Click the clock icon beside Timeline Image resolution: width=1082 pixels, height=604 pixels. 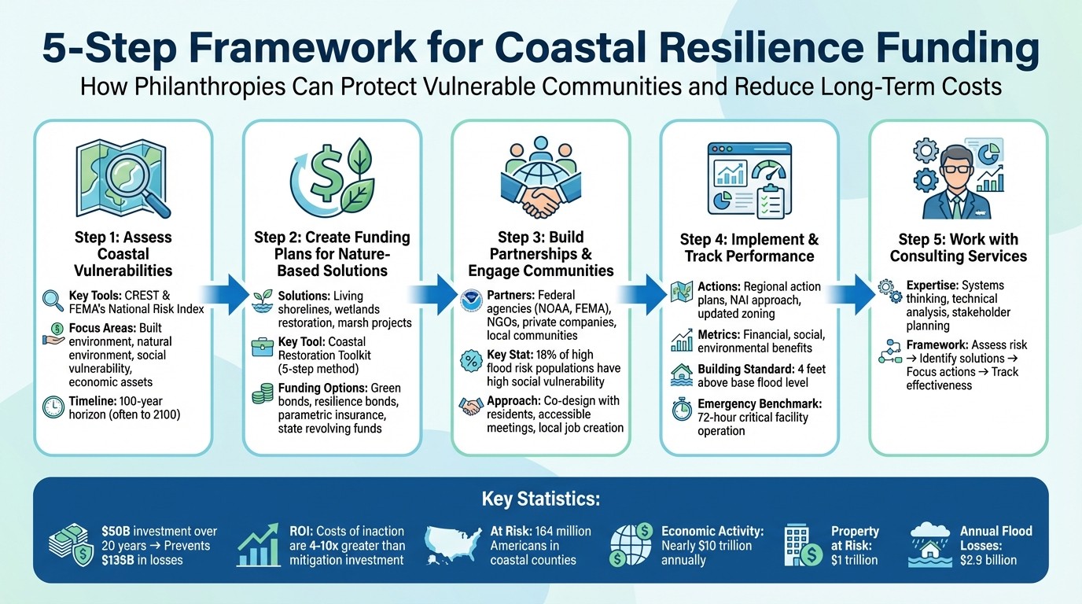tap(53, 407)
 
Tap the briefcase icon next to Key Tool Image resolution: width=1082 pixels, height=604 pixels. tap(262, 345)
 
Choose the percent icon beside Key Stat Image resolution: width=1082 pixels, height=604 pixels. tap(471, 362)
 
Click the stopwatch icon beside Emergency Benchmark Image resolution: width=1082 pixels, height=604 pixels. tap(681, 409)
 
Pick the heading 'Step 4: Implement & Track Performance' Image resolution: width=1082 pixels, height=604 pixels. tap(749, 248)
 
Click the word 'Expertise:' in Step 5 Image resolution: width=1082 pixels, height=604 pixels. tap(933, 285)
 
